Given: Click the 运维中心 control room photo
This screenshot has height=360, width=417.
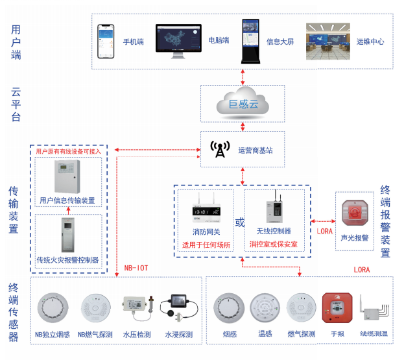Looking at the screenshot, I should pyautogui.click(x=328, y=41).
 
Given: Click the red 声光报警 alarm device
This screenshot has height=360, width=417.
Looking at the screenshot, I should pyautogui.click(x=355, y=214).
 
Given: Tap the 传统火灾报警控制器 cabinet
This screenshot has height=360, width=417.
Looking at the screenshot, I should pyautogui.click(x=67, y=237).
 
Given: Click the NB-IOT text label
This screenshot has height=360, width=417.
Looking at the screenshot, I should pyautogui.click(x=137, y=268).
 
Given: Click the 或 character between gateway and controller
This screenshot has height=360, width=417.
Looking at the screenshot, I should pyautogui.click(x=239, y=222).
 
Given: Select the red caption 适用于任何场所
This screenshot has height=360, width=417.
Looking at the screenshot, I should pyautogui.click(x=206, y=245).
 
